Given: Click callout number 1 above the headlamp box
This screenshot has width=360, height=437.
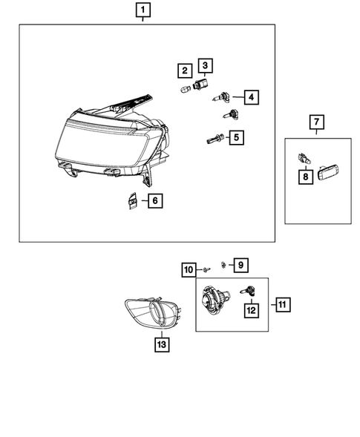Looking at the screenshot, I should click(142, 10).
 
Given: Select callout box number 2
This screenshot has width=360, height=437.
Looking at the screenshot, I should click(182, 71).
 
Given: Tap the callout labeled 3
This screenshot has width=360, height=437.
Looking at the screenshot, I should click(205, 66).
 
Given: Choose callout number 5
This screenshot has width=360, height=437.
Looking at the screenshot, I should click(237, 137).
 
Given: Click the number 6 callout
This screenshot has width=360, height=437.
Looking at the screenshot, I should click(154, 200).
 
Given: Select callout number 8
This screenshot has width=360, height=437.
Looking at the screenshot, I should click(304, 177).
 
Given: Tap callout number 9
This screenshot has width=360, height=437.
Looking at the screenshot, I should click(240, 265).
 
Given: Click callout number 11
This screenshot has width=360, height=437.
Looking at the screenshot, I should click(282, 304).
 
